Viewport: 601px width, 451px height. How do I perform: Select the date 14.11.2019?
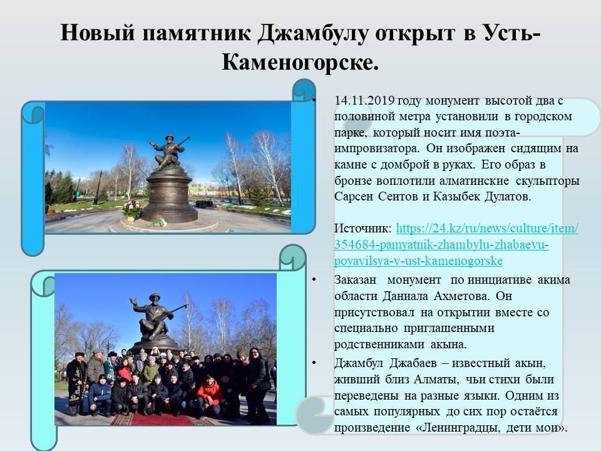tap(364, 100)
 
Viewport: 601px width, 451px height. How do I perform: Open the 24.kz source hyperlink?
tap(456, 244)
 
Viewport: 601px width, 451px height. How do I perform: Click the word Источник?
tap(363, 229)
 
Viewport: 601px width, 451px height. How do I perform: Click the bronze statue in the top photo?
tap(168, 152)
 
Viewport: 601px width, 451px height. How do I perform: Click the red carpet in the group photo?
tap(163, 419)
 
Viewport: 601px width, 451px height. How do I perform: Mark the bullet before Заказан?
tap(314, 279)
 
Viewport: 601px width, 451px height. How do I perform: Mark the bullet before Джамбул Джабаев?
tap(314, 363)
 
